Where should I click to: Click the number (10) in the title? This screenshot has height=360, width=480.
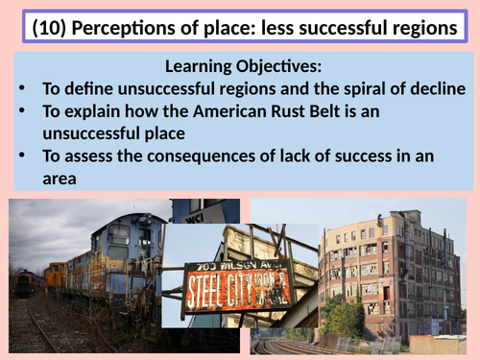[x=54, y=28]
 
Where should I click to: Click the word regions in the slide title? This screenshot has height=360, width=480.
[x=432, y=28]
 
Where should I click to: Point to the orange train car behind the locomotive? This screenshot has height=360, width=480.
[x=56, y=277]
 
